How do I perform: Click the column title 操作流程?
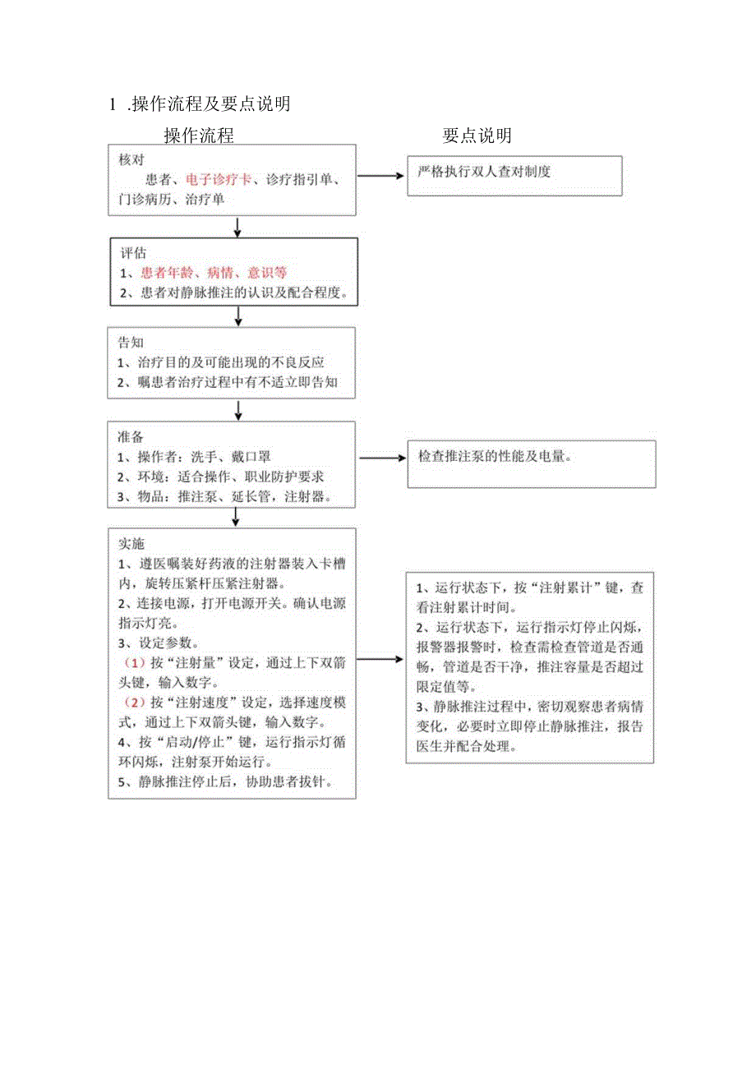[199, 135]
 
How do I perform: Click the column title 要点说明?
[477, 135]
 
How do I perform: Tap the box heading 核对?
[131, 159]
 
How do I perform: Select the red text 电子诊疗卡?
[219, 179]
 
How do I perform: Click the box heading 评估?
[133, 253]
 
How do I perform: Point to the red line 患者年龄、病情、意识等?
[213, 272]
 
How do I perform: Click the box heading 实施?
[131, 544]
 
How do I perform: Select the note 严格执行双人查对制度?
[484, 173]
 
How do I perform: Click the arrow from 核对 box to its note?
[380, 176]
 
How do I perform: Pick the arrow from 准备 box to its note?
[380, 458]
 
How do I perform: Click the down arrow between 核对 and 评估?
[237, 227]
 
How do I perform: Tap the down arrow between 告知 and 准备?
[238, 409]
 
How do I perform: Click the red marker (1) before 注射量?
[134, 662]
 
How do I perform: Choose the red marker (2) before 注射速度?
[134, 703]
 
